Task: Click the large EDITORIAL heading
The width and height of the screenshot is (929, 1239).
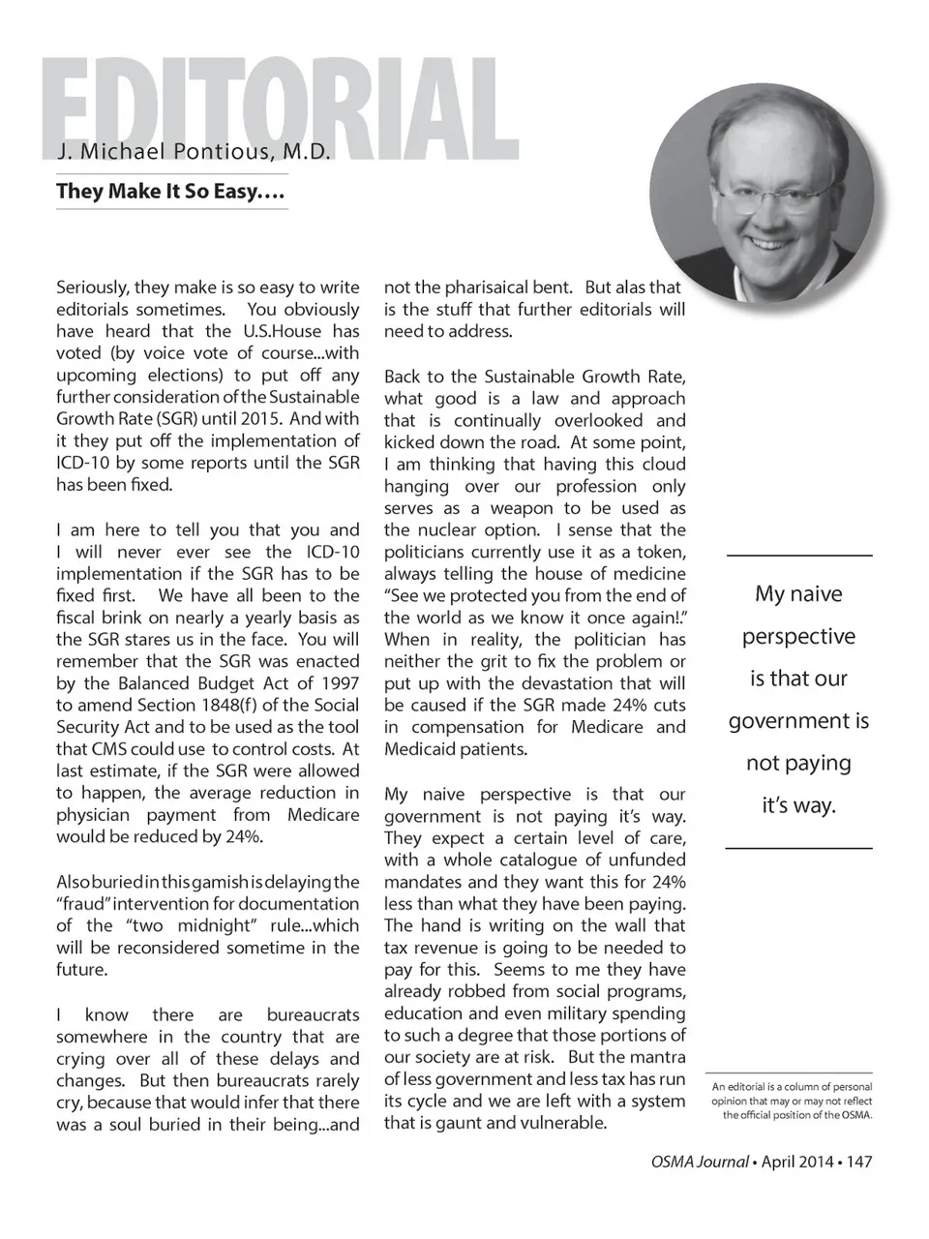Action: (281, 108)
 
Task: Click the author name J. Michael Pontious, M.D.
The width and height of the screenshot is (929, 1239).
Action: (194, 152)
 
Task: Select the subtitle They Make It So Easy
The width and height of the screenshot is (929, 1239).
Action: (170, 191)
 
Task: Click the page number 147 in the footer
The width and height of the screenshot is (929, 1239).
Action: (859, 1162)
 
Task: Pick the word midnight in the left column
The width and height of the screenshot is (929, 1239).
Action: (217, 925)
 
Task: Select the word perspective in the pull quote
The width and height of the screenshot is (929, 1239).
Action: (798, 636)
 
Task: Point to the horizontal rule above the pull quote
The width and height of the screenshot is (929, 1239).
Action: (798, 555)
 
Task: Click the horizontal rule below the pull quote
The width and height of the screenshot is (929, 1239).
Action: (798, 848)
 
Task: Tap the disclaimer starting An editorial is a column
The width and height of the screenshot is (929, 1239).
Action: (792, 1101)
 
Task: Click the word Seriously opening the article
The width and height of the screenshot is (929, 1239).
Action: (92, 287)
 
